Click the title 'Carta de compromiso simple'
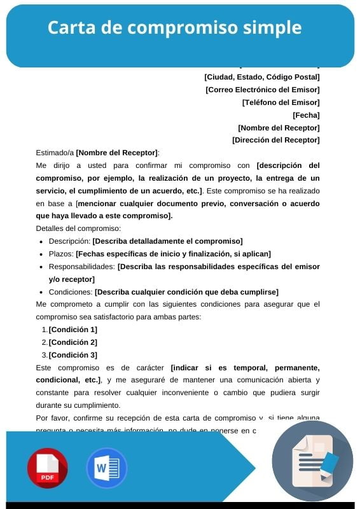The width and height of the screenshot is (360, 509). pyautogui.click(x=174, y=28)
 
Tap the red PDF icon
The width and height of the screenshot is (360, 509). pyautogui.click(x=47, y=468)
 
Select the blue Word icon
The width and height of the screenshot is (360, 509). pyautogui.click(x=106, y=468)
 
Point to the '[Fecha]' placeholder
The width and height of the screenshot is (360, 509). pyautogui.click(x=306, y=115)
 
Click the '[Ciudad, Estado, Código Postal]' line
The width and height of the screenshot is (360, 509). pyautogui.click(x=262, y=77)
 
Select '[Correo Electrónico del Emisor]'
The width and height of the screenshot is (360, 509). pyautogui.click(x=263, y=90)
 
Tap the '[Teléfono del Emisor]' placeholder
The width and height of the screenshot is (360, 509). pyautogui.click(x=280, y=102)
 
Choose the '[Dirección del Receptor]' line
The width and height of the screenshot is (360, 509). pyautogui.click(x=275, y=140)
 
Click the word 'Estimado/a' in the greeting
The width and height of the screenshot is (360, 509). pyautogui.click(x=55, y=153)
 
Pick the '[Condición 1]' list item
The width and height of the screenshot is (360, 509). pyautogui.click(x=73, y=330)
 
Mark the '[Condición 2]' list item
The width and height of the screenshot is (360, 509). pyautogui.click(x=73, y=342)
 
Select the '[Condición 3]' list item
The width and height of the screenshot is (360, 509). pyautogui.click(x=73, y=355)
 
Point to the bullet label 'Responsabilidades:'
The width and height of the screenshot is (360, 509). pyautogui.click(x=82, y=267)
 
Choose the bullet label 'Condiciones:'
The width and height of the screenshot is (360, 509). pyautogui.click(x=71, y=292)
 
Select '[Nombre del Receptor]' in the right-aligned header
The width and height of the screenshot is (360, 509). pyautogui.click(x=279, y=127)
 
